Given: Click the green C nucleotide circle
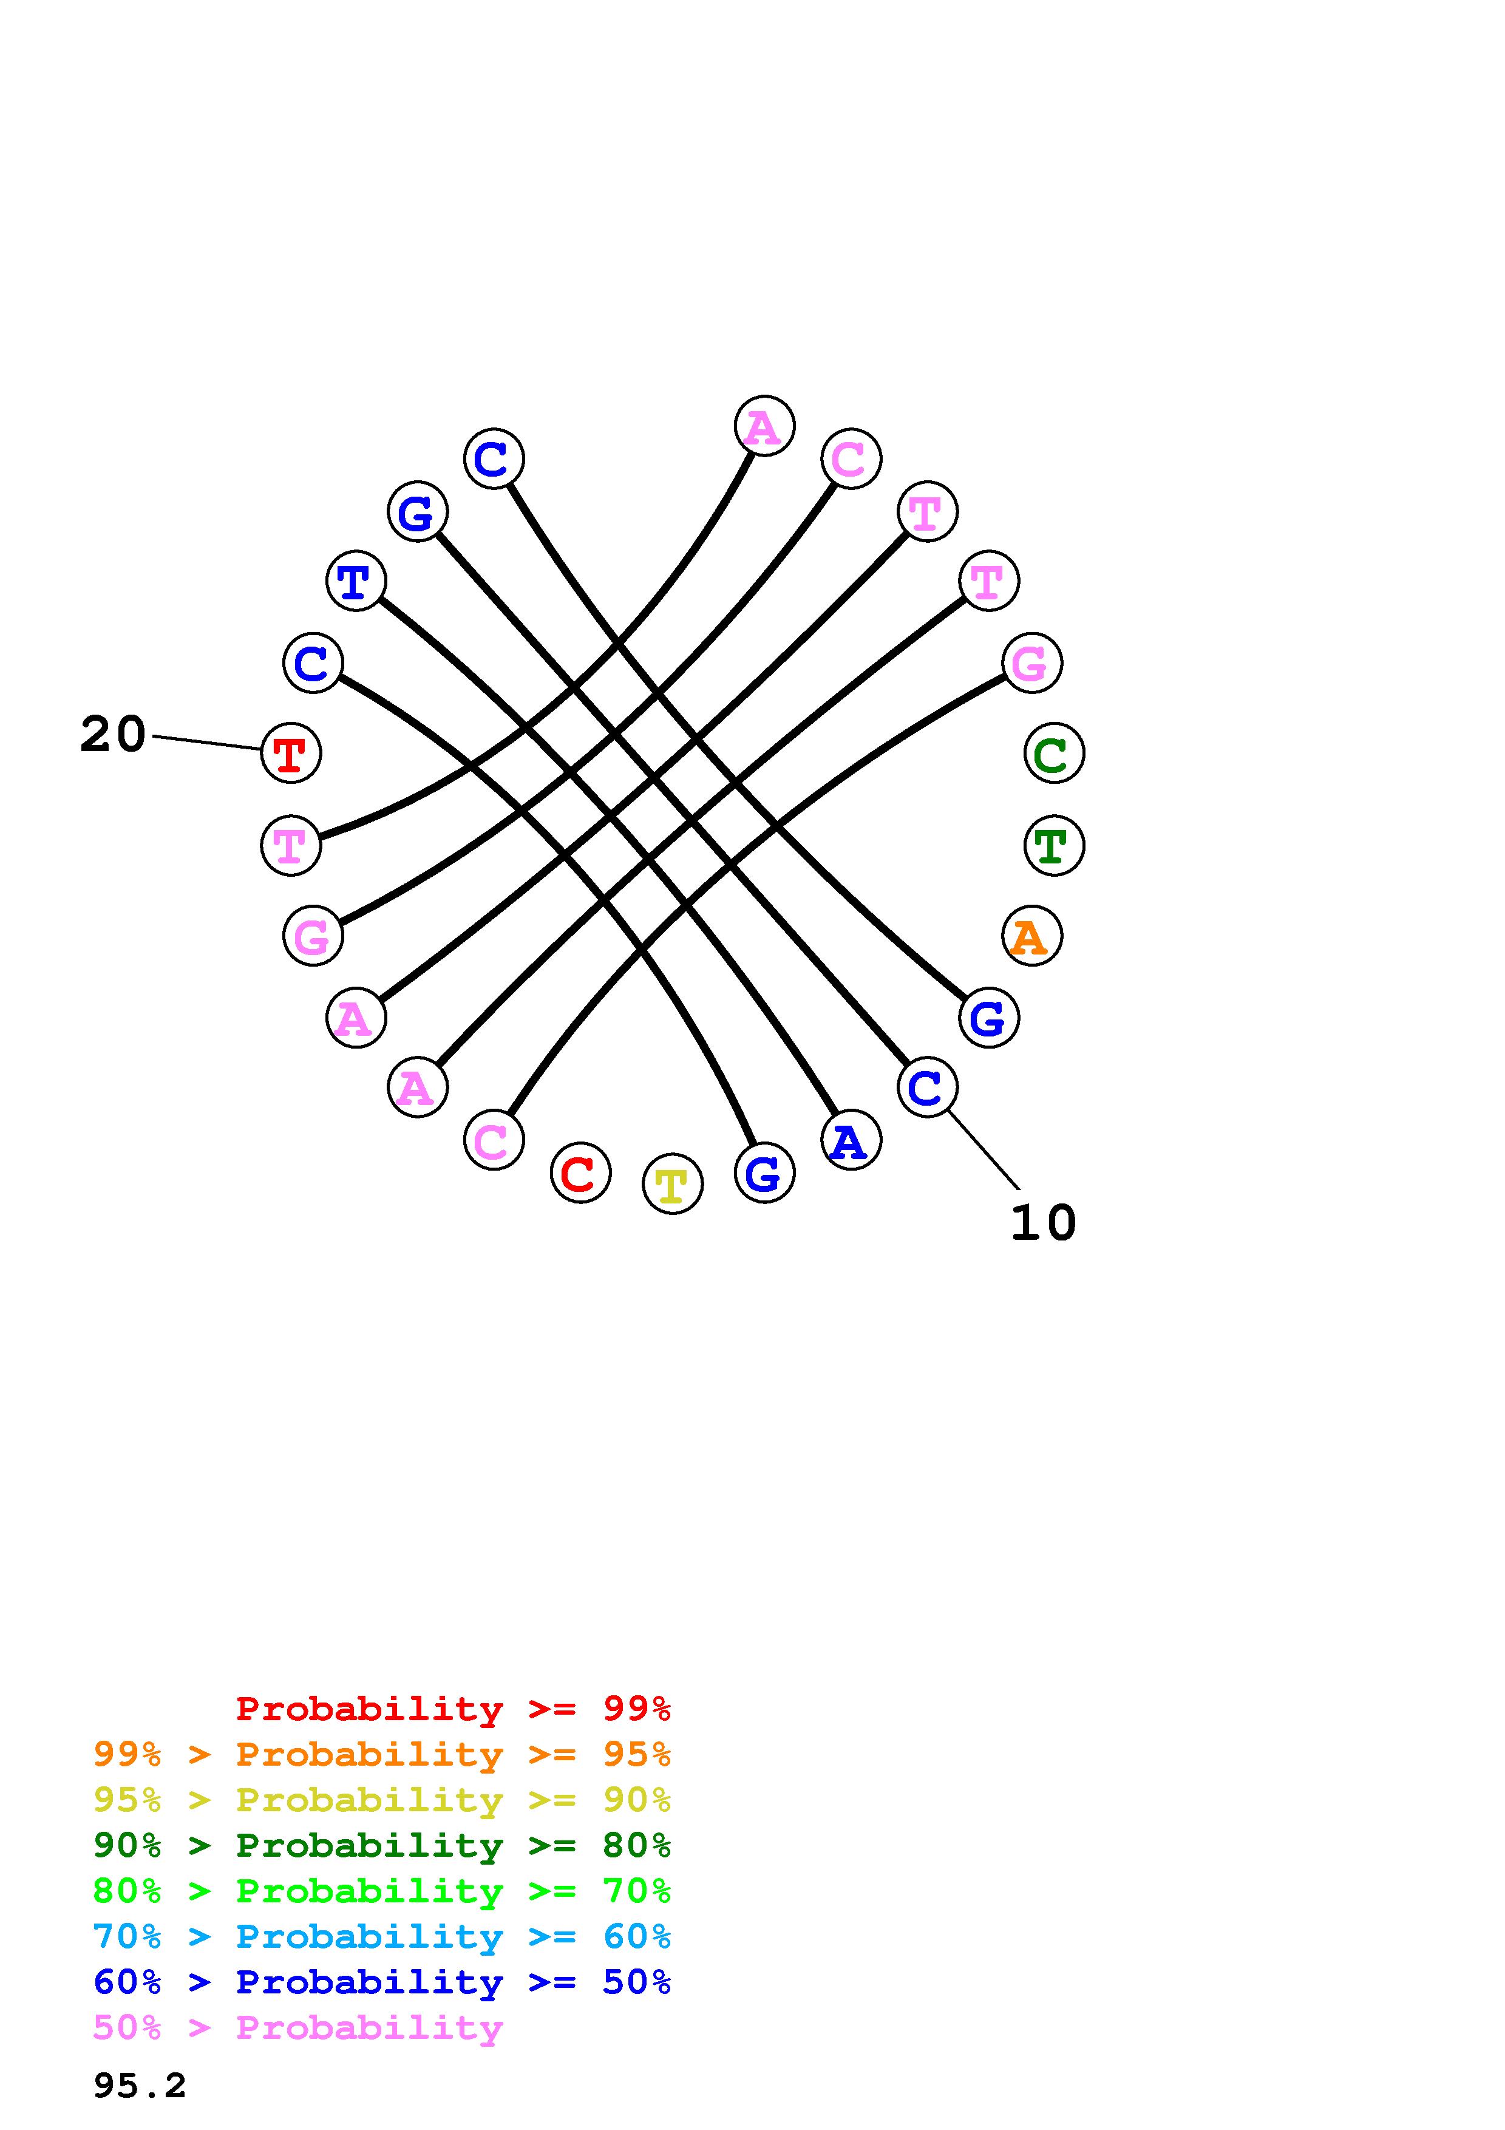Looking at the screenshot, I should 1053,754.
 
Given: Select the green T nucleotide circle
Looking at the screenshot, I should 1053,845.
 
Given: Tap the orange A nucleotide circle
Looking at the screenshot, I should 1031,936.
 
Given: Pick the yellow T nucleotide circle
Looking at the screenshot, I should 672,1184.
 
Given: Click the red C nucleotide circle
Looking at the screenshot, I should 580,1174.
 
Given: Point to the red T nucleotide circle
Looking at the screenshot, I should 291,754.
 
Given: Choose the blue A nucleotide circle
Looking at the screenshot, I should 851,1140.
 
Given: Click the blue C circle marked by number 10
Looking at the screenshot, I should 927,1087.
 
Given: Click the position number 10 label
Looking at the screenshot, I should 1043,1223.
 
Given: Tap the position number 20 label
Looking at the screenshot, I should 113,735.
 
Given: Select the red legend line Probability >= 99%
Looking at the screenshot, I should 454,1709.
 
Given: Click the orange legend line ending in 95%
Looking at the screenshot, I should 382,1754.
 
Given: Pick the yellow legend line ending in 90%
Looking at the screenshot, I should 382,1800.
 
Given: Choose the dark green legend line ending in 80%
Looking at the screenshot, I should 382,1845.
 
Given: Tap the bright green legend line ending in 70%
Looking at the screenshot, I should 382,1891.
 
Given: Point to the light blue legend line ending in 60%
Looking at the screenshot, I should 382,1936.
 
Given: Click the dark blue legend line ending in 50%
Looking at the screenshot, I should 382,1982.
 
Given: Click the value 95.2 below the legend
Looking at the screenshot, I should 140,2086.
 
